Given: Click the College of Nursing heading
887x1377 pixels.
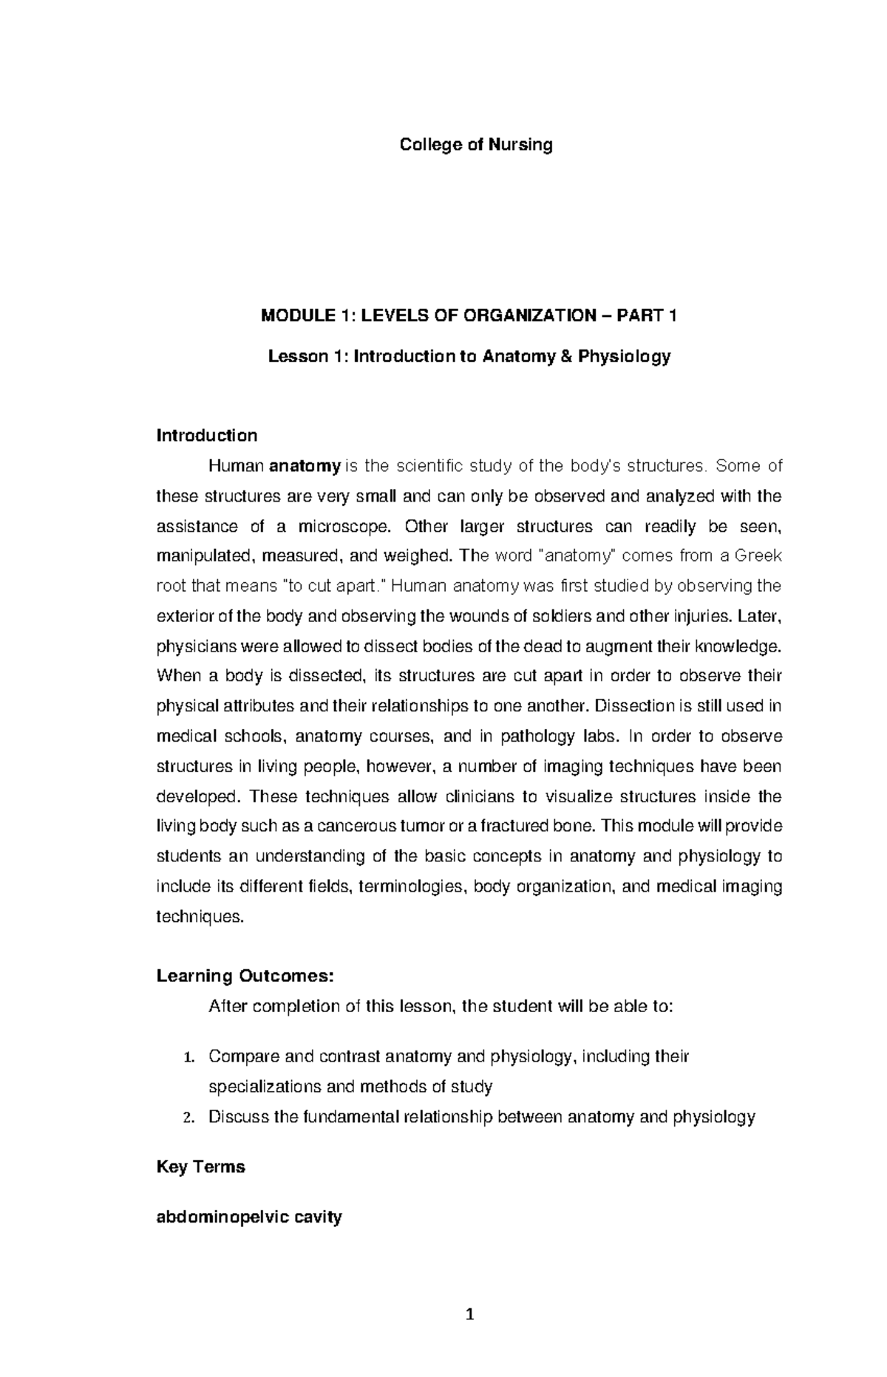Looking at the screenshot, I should point(476,145).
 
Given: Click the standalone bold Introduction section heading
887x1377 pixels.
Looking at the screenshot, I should point(207,436).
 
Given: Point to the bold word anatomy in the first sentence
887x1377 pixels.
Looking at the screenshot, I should point(305,466).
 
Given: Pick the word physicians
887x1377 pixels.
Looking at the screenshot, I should point(189,647).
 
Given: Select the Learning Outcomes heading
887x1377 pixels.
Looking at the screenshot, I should point(245,977).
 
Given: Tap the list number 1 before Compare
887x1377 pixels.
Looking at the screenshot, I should point(188,1057).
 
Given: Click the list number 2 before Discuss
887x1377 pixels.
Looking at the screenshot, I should point(188,1118).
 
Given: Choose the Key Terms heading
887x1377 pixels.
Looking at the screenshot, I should point(200,1167).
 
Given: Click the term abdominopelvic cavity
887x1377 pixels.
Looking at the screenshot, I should point(249,1217).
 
